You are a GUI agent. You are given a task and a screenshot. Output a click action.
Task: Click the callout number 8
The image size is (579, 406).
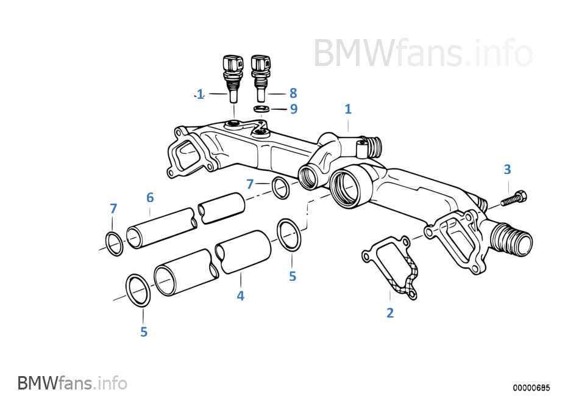tap(293, 93)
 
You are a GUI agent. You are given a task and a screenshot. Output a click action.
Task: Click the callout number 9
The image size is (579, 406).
tap(293, 109)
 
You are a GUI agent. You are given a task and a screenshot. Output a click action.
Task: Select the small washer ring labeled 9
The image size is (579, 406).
tap(261, 109)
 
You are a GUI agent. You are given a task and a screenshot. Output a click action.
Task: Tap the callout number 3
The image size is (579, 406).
tap(507, 169)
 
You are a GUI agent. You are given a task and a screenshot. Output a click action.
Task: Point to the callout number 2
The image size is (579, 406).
tap(390, 313)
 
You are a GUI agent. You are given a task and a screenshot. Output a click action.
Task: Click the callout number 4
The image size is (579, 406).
tap(241, 296)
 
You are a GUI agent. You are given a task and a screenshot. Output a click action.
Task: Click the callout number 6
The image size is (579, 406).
tap(150, 197)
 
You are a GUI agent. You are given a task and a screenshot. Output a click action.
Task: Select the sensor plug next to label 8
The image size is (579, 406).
tap(260, 76)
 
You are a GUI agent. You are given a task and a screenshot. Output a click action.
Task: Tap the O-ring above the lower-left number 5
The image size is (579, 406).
tap(138, 291)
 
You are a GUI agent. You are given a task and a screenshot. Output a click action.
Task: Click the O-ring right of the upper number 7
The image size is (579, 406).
tap(280, 187)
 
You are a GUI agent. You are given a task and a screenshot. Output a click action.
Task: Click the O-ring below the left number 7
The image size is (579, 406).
tap(114, 244)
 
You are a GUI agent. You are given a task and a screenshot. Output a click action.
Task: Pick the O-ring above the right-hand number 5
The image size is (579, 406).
tap(289, 234)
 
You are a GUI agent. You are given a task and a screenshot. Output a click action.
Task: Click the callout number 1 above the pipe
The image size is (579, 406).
tap(348, 109)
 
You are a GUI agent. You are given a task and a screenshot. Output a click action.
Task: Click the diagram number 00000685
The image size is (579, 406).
tap(531, 388)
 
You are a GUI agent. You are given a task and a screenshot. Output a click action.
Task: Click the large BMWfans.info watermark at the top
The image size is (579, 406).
tap(423, 53)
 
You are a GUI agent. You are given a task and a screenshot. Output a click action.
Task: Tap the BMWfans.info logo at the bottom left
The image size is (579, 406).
tap(73, 383)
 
